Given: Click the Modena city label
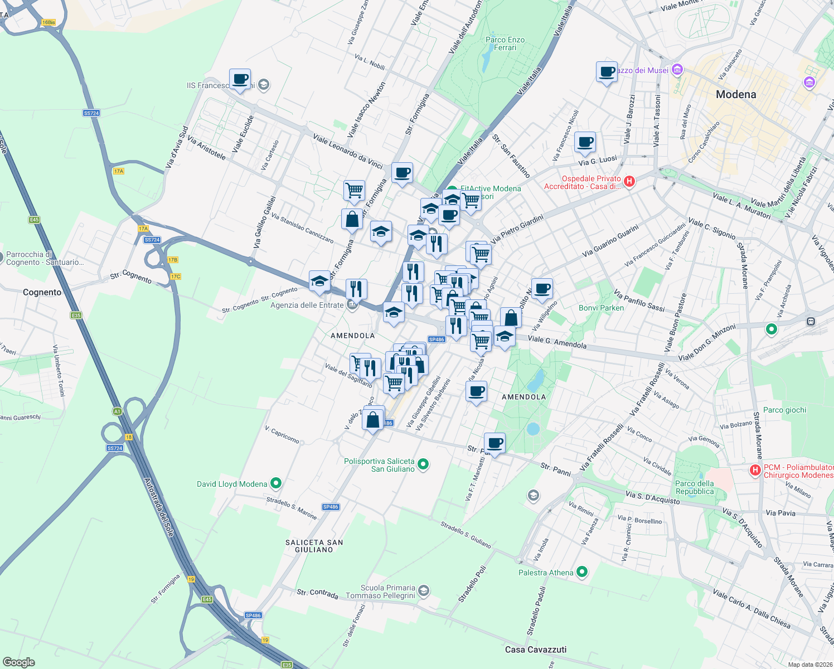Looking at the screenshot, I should click(736, 95).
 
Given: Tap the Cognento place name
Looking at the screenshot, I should click(42, 292).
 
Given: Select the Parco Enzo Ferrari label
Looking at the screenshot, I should click(505, 43).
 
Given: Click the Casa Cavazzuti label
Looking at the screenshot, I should click(536, 649).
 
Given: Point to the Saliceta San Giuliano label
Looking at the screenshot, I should click(314, 546).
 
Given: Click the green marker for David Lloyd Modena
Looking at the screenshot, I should click(275, 483).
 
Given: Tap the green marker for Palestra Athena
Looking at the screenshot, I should click(582, 572).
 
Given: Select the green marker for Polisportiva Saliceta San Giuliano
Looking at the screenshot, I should click(423, 464).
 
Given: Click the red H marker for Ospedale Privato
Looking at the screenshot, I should click(629, 181).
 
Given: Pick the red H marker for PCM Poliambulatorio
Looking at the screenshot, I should click(755, 470).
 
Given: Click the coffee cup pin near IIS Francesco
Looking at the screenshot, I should click(240, 80).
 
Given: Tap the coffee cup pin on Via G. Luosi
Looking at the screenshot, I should click(585, 142).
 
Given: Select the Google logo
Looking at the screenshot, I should click(19, 662).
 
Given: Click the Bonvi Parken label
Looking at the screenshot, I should click(601, 308).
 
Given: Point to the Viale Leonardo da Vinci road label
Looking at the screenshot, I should click(348, 151).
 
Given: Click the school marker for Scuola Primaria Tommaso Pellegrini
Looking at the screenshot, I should click(424, 591).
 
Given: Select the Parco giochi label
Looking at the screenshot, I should click(784, 410).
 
